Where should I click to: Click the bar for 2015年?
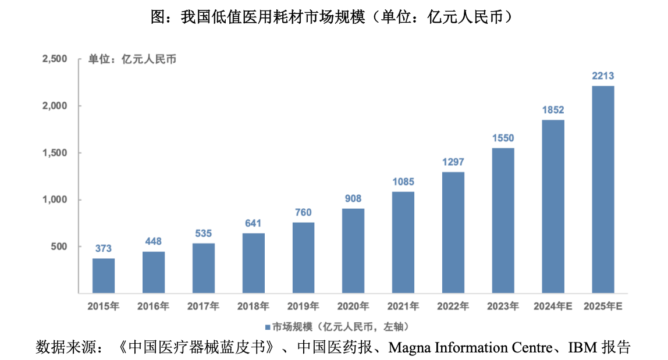point(104,276)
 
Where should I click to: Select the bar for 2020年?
point(353,251)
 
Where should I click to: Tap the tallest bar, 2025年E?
point(603,190)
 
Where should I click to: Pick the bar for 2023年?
point(503,220)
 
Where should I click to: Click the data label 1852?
point(553,110)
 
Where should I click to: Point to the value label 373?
point(104,248)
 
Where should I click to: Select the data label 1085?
point(403,181)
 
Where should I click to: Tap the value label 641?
point(253,223)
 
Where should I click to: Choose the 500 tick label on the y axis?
point(60,247)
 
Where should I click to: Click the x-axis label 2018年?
point(253,306)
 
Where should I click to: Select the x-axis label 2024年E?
point(553,306)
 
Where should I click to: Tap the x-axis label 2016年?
point(154,306)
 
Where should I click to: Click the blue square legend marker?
point(268,326)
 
